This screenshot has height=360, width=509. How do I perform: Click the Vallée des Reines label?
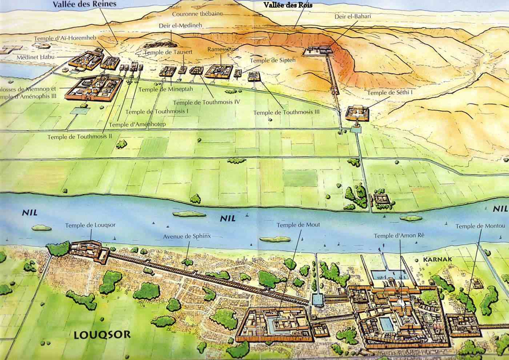85,4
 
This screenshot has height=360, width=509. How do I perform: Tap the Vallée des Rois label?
288,4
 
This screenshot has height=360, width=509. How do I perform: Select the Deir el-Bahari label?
352,16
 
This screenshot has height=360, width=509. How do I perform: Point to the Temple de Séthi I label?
390,92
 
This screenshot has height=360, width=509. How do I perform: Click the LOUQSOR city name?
102,335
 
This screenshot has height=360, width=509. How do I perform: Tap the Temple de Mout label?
298,225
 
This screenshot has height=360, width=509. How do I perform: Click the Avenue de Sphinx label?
186,236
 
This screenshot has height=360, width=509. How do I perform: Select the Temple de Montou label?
477,226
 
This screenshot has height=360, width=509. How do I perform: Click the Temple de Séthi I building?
357,113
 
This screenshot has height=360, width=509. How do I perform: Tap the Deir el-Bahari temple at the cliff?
319,50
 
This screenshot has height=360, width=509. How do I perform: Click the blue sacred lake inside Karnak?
386,324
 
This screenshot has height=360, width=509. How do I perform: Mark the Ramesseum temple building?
219,71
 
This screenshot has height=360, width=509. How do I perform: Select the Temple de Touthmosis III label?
286,112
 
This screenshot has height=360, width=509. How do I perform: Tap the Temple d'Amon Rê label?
399,235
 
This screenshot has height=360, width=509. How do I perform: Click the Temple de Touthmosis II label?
80,136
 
